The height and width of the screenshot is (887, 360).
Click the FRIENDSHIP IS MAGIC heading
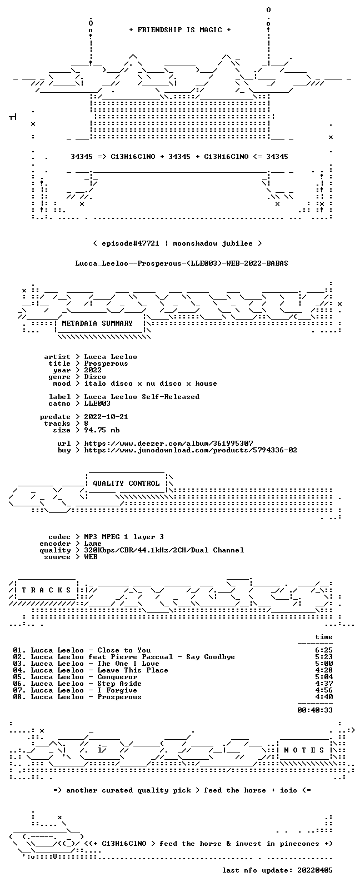tap(180, 30)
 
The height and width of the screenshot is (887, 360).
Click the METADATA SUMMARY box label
tap(97, 323)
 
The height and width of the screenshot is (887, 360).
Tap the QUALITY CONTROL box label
tap(126, 484)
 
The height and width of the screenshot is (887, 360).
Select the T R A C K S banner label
tap(46, 590)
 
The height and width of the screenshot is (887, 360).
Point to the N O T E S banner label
tap(304, 750)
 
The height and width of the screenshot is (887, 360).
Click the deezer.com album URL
tap(168, 443)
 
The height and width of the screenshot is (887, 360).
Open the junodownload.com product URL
tap(191, 450)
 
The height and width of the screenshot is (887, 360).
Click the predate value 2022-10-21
tap(106, 417)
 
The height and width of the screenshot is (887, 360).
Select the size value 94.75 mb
tap(102, 430)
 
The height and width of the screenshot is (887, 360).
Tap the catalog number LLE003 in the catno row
tap(97, 403)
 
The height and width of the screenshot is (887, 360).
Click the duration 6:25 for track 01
tap(324, 650)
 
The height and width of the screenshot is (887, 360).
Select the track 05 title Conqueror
tap(117, 677)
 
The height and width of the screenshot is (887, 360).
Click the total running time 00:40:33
tap(315, 710)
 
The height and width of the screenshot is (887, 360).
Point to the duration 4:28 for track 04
tap(324, 670)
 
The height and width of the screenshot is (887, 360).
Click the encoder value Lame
tap(93, 544)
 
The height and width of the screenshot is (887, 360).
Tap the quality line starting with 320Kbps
tap(164, 550)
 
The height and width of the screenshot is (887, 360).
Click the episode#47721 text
tap(131, 243)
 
